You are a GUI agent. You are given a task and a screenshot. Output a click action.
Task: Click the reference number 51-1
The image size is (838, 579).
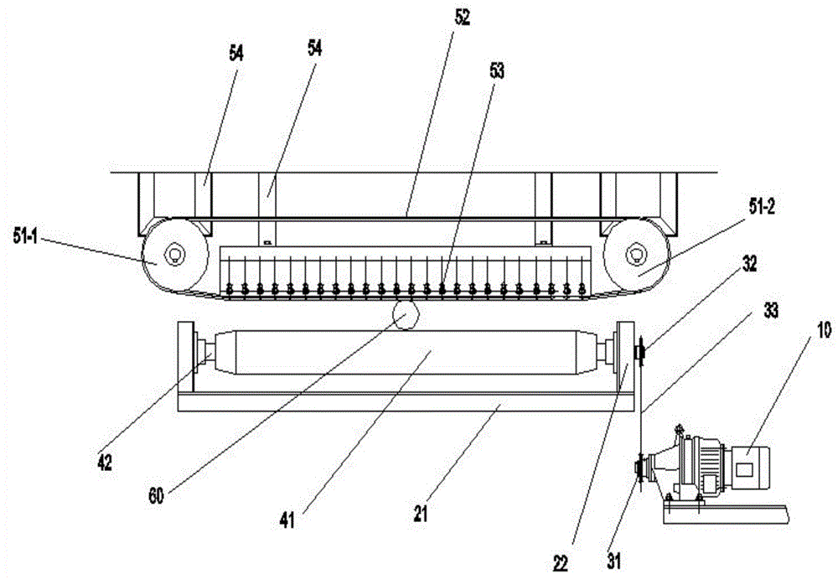coord(25,236)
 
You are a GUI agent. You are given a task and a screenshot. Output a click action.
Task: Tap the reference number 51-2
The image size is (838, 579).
coord(762,208)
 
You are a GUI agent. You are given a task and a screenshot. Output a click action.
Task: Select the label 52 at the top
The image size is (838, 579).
coord(462,18)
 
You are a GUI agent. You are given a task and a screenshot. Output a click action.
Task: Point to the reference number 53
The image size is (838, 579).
coord(496,70)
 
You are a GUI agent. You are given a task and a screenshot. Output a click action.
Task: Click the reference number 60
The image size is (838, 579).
coord(156,497)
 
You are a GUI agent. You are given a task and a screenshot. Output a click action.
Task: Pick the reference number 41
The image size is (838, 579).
coord(287,520)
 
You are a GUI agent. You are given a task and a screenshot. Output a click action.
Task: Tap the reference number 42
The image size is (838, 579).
coord(105,463)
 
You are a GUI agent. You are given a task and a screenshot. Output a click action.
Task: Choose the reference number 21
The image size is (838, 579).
coord(421,514)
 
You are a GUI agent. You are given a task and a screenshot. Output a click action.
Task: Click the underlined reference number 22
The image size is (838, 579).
coord(561,562)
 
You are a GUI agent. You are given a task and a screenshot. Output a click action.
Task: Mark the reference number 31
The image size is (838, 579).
coord(613,561)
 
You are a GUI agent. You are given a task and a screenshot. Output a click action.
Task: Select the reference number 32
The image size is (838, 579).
coord(750,264)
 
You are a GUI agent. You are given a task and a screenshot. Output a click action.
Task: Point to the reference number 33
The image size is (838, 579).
coord(770,311)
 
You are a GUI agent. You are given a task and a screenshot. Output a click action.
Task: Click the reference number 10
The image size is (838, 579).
coord(824,330)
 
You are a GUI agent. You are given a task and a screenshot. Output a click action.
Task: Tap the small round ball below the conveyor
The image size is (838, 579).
coord(406,315)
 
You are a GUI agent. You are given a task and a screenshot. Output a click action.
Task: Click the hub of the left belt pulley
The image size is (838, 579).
coord(174,253)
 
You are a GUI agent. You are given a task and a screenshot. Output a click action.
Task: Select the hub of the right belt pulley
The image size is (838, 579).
coord(635,253)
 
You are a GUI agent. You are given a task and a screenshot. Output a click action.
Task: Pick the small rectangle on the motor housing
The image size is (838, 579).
coord(744,470)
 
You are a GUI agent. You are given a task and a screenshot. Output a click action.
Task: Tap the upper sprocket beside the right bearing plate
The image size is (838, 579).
coord(639,352)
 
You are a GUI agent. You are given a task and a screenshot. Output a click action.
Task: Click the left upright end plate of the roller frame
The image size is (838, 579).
coord(185,357)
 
